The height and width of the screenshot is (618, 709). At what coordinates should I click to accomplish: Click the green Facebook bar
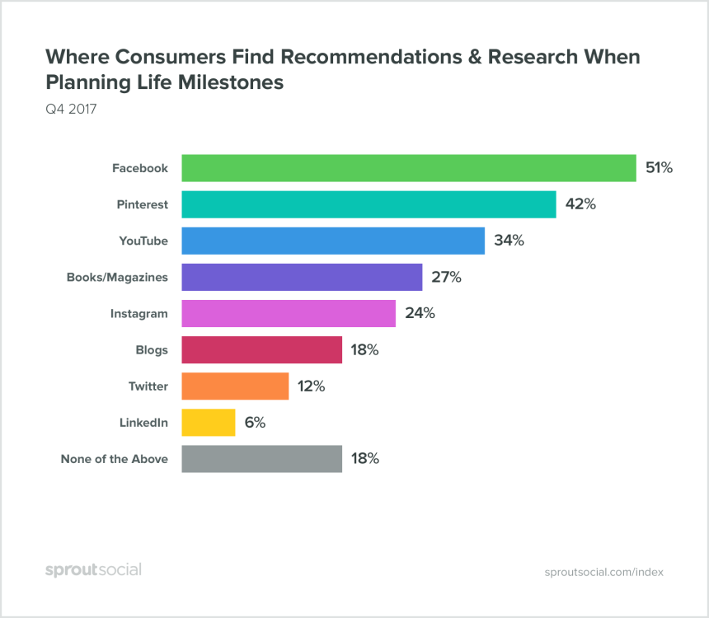[408, 168]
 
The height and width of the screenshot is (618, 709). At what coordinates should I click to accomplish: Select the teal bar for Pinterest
[369, 204]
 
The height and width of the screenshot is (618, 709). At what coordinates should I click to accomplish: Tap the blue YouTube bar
[332, 241]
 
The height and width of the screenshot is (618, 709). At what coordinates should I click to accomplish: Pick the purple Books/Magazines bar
[302, 277]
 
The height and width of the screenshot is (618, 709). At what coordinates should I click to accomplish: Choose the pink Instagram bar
[289, 313]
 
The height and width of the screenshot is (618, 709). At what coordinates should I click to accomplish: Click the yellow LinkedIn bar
[208, 423]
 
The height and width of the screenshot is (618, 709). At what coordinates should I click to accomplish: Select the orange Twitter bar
[235, 386]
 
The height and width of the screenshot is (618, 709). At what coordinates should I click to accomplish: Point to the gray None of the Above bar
[261, 459]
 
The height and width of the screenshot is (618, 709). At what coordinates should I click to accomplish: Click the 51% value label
[659, 168]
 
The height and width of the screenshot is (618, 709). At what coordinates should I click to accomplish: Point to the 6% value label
[255, 423]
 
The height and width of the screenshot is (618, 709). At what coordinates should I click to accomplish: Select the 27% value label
[445, 277]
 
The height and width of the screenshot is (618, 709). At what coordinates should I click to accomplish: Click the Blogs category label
[153, 350]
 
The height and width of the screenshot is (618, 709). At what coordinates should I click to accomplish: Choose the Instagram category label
[139, 314]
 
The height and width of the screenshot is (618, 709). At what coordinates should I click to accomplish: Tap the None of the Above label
[115, 459]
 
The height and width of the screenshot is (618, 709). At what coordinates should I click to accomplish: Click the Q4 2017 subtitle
[71, 109]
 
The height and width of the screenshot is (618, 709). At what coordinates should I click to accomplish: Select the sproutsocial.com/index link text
[604, 572]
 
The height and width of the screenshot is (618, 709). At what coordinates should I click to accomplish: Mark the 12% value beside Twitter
[312, 386]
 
